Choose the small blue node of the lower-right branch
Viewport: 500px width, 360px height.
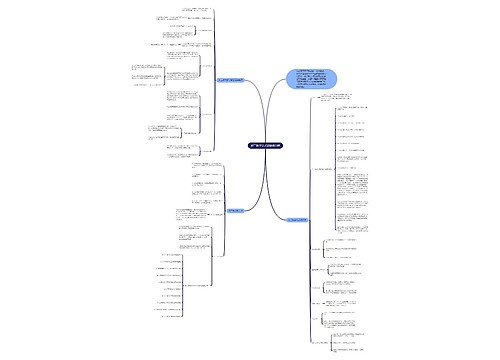(299, 218)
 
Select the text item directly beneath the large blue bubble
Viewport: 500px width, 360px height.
(345, 100)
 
